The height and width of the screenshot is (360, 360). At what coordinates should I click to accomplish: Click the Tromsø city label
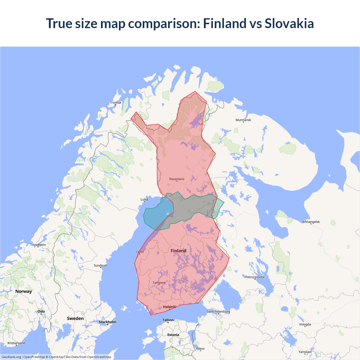click(115, 103)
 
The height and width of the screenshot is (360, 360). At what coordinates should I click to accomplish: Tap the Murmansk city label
click(243, 120)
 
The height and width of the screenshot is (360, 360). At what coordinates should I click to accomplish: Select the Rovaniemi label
click(177, 179)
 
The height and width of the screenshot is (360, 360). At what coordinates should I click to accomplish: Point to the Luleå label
click(144, 200)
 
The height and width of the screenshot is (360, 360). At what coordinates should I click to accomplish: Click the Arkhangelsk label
click(311, 222)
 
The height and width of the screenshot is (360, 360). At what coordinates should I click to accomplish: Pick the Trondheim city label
click(38, 245)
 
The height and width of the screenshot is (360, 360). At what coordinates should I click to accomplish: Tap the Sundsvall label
click(100, 265)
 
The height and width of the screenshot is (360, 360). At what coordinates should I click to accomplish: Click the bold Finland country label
click(178, 251)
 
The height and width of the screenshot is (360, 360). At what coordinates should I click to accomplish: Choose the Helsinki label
click(170, 307)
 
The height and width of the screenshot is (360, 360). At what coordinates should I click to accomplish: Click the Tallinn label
click(168, 320)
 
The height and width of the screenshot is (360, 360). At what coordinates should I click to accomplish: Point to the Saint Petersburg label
click(218, 312)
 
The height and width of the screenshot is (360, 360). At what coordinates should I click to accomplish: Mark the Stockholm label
click(107, 322)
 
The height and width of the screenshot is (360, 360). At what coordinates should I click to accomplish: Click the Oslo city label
click(41, 312)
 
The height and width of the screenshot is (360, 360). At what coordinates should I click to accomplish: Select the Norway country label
click(24, 291)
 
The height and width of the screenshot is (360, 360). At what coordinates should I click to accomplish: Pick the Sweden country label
click(75, 318)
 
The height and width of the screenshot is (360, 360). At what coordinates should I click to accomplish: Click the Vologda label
click(305, 325)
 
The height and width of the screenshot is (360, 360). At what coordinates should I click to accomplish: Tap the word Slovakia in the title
click(289, 23)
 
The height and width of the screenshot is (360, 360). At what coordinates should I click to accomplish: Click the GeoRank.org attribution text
click(11, 357)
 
